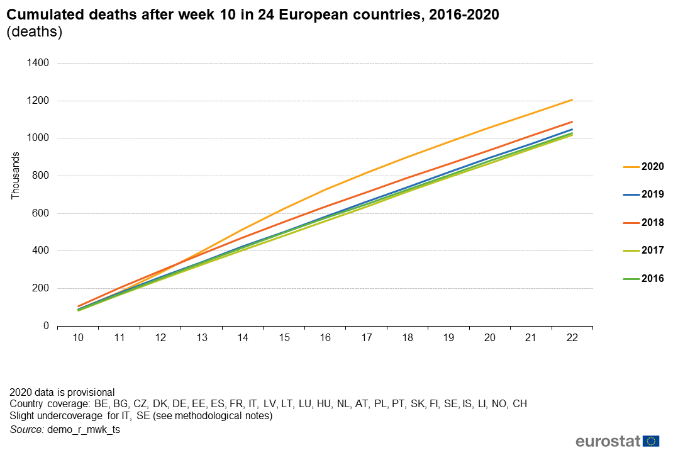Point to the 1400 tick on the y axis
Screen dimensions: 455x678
click(38, 63)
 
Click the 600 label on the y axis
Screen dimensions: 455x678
click(41, 213)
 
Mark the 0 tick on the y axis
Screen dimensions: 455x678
click(46, 326)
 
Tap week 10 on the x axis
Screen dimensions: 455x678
click(78, 338)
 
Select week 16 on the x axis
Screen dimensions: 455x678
click(325, 338)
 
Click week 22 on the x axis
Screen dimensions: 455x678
click(572, 338)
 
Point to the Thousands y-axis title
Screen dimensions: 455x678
click(16, 176)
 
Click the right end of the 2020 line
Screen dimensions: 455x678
click(572, 99)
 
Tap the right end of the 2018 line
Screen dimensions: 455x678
click(572, 122)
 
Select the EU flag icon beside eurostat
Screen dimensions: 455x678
click(651, 441)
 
